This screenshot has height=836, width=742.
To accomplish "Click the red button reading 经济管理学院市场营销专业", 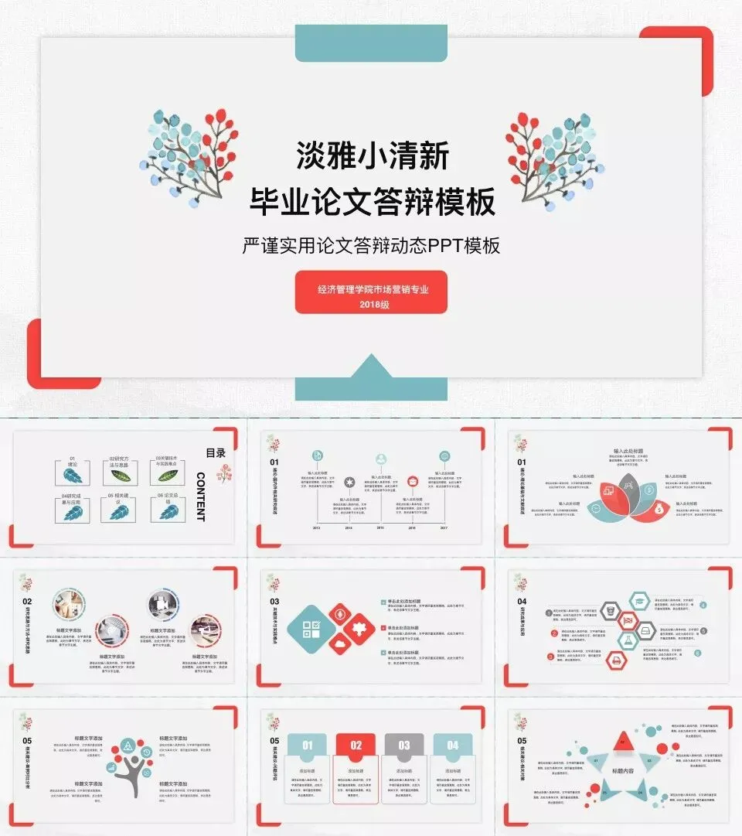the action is [x=371, y=292].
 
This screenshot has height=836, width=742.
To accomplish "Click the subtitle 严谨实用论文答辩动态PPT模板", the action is [x=371, y=246].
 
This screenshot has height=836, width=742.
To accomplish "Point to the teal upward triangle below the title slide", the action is [x=371, y=369].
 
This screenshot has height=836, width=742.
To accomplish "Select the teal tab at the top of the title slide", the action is [x=371, y=43].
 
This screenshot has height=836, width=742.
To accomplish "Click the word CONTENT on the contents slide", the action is [x=200, y=496].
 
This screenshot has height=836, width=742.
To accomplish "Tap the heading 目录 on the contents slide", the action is [x=215, y=453].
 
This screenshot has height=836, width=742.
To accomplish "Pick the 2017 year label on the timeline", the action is [x=444, y=528].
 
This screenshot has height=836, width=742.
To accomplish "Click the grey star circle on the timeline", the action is [x=349, y=483].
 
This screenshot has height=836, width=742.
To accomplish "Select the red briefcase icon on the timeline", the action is [x=413, y=481].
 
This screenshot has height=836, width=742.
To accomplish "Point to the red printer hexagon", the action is [x=616, y=660].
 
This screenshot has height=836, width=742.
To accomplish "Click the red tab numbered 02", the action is [x=356, y=746].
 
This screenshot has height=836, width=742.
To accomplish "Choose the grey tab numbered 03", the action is [x=403, y=746].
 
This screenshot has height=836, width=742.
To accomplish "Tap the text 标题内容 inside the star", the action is [x=622, y=771].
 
